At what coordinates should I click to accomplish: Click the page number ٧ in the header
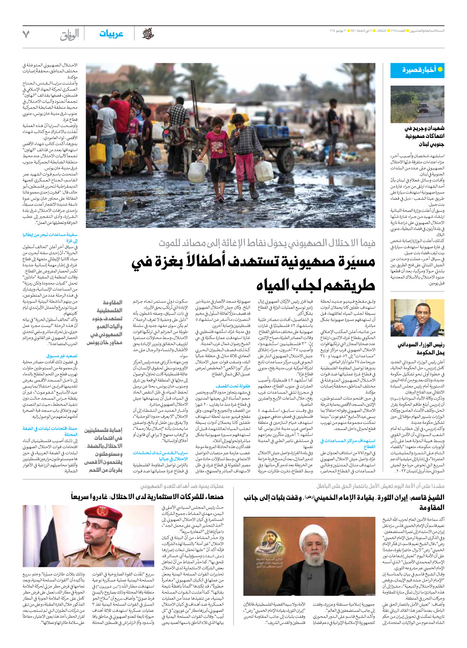(x=26, y=34)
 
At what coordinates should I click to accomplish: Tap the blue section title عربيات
(x=111, y=34)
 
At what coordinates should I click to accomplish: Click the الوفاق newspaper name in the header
(x=69, y=35)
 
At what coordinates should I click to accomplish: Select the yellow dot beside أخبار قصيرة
(x=440, y=70)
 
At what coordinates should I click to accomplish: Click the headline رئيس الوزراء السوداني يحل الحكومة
(x=421, y=348)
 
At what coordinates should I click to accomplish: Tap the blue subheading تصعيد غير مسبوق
(x=62, y=356)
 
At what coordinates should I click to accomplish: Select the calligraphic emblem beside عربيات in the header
(x=148, y=34)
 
